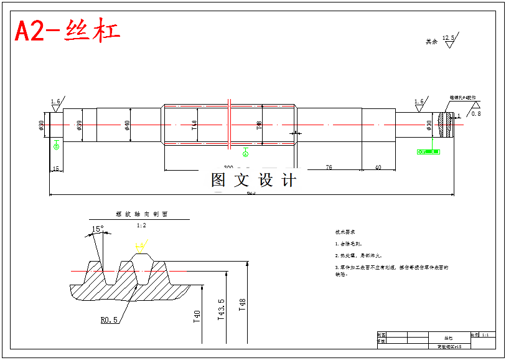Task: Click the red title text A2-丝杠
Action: (x=67, y=31)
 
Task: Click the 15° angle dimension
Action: (x=98, y=229)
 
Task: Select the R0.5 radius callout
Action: (x=110, y=320)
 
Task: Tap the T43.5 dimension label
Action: (x=221, y=310)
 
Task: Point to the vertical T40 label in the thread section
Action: (x=197, y=318)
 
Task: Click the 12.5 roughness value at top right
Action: (x=448, y=39)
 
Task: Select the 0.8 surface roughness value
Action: (x=476, y=113)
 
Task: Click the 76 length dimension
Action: (x=329, y=167)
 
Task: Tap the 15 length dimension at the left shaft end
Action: (x=55, y=169)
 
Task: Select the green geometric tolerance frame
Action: (x=428, y=151)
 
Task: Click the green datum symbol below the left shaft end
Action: (x=57, y=145)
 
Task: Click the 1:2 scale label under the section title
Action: (x=141, y=225)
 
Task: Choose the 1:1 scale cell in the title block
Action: (x=487, y=335)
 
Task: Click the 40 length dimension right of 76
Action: (x=378, y=167)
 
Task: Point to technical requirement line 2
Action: (x=358, y=255)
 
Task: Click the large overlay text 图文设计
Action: (x=253, y=181)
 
